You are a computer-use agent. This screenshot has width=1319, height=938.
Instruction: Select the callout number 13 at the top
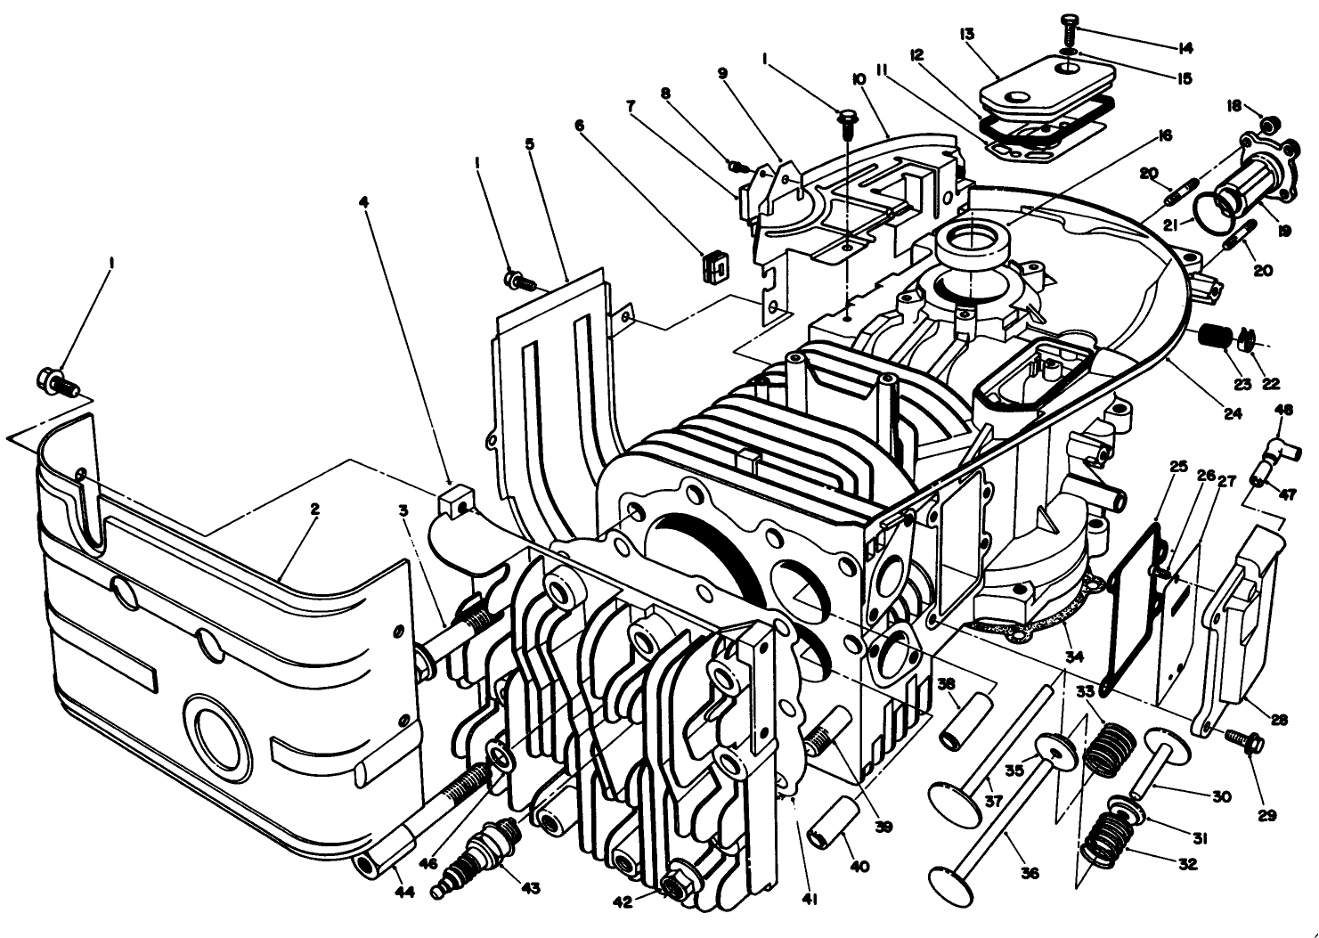(x=967, y=34)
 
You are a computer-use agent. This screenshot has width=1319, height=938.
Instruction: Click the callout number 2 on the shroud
(x=314, y=510)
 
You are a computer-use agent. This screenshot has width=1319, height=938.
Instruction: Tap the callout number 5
(x=530, y=143)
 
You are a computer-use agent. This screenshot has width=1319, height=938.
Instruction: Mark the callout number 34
(x=1075, y=657)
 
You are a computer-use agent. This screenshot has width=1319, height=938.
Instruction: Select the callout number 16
(x=1165, y=135)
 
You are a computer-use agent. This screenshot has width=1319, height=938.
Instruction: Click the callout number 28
(x=1280, y=720)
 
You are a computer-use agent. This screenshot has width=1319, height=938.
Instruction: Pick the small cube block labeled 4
(x=455, y=501)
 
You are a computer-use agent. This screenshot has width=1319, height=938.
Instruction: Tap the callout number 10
(x=859, y=79)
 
